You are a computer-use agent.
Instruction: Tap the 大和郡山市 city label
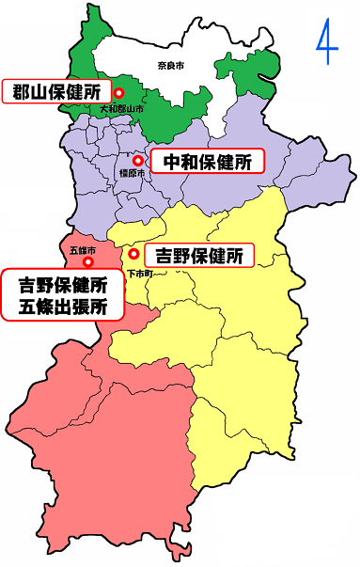click(x=122, y=109)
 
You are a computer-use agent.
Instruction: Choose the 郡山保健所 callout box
click(x=57, y=93)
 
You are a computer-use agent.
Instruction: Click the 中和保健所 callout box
click(x=208, y=162)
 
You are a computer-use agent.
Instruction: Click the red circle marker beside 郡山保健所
click(x=119, y=93)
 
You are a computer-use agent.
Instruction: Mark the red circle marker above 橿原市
click(x=136, y=161)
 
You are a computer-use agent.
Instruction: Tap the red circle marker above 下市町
click(x=134, y=254)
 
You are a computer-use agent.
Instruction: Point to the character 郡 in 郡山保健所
click(x=22, y=93)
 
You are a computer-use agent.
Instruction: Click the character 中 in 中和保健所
click(x=173, y=162)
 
